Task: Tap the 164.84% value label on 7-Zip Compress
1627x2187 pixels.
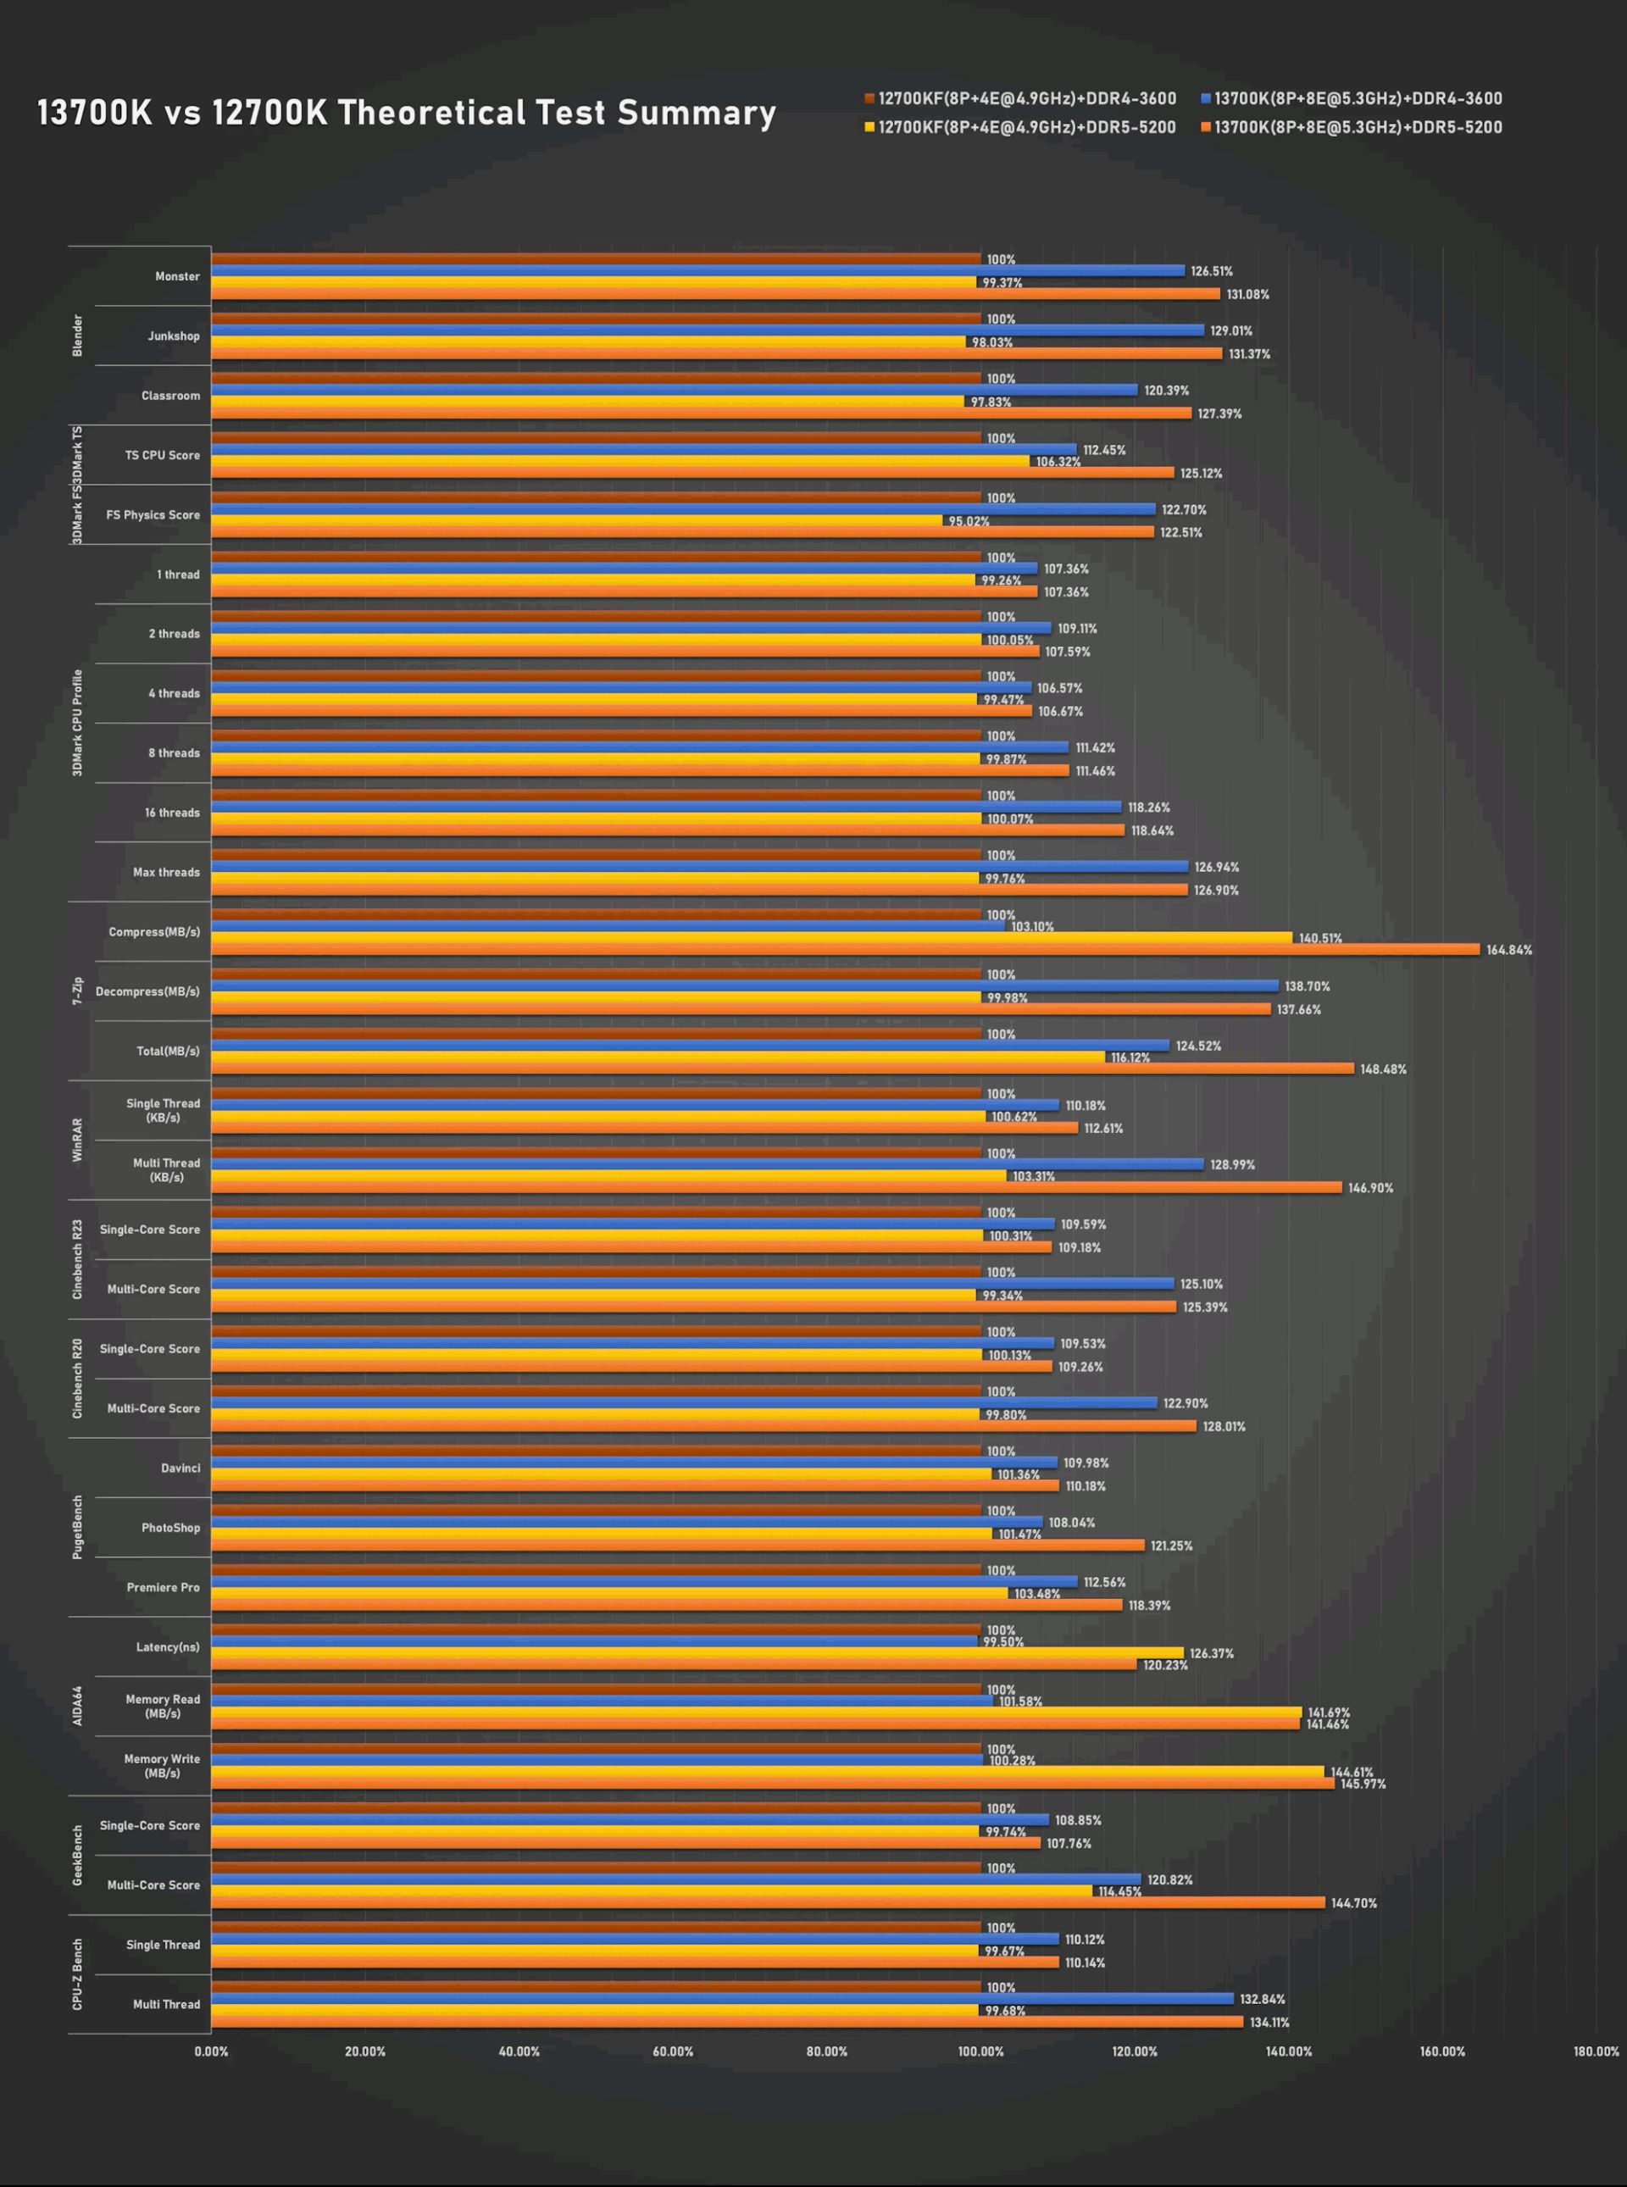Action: [1509, 950]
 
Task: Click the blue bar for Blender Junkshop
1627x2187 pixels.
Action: [707, 330]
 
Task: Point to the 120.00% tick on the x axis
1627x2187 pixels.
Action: [1135, 2052]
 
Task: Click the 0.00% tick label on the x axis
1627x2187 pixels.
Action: [211, 2052]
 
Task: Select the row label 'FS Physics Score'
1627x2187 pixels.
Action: [153, 515]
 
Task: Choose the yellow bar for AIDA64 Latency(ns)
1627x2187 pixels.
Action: [697, 1653]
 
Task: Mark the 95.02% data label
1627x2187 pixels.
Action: [968, 521]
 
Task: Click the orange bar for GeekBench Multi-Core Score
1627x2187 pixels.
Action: [769, 1902]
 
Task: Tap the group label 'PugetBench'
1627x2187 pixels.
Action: [78, 1527]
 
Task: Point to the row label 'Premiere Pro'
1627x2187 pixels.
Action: [163, 1587]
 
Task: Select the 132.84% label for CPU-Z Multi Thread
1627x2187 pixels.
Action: [1262, 1999]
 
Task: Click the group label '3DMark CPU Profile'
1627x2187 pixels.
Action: [78, 723]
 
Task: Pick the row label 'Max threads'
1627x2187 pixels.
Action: [165, 873]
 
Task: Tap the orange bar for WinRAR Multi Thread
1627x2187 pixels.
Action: [776, 1187]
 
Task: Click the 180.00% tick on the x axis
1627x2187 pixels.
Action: [1596, 2052]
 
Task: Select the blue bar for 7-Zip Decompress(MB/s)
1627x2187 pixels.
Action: [745, 985]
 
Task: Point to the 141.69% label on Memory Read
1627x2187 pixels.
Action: [1328, 1712]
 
